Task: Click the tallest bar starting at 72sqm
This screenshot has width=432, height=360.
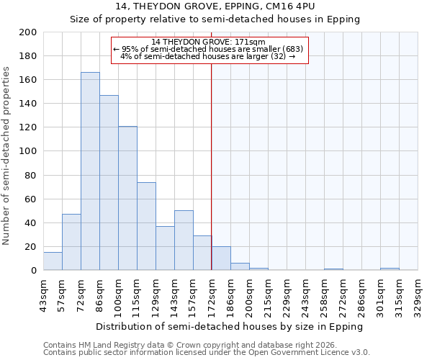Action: coord(90,171)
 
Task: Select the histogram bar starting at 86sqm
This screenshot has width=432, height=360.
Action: coord(109,183)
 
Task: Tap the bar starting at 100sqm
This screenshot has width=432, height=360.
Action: coord(127,198)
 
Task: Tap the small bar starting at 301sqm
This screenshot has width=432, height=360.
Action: coord(390,269)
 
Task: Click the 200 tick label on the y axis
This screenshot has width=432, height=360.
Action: coord(28,32)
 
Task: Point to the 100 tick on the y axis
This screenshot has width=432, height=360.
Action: coord(28,151)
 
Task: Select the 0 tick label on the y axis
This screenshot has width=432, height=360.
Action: coord(34,271)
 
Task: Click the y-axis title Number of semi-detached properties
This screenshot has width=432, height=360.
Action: coord(7,156)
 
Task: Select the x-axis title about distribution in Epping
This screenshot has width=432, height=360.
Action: coord(229,326)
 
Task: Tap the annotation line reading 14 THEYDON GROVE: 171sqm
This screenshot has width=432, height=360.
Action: coord(210,42)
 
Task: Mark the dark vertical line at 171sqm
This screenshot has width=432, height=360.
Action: coord(211,166)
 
